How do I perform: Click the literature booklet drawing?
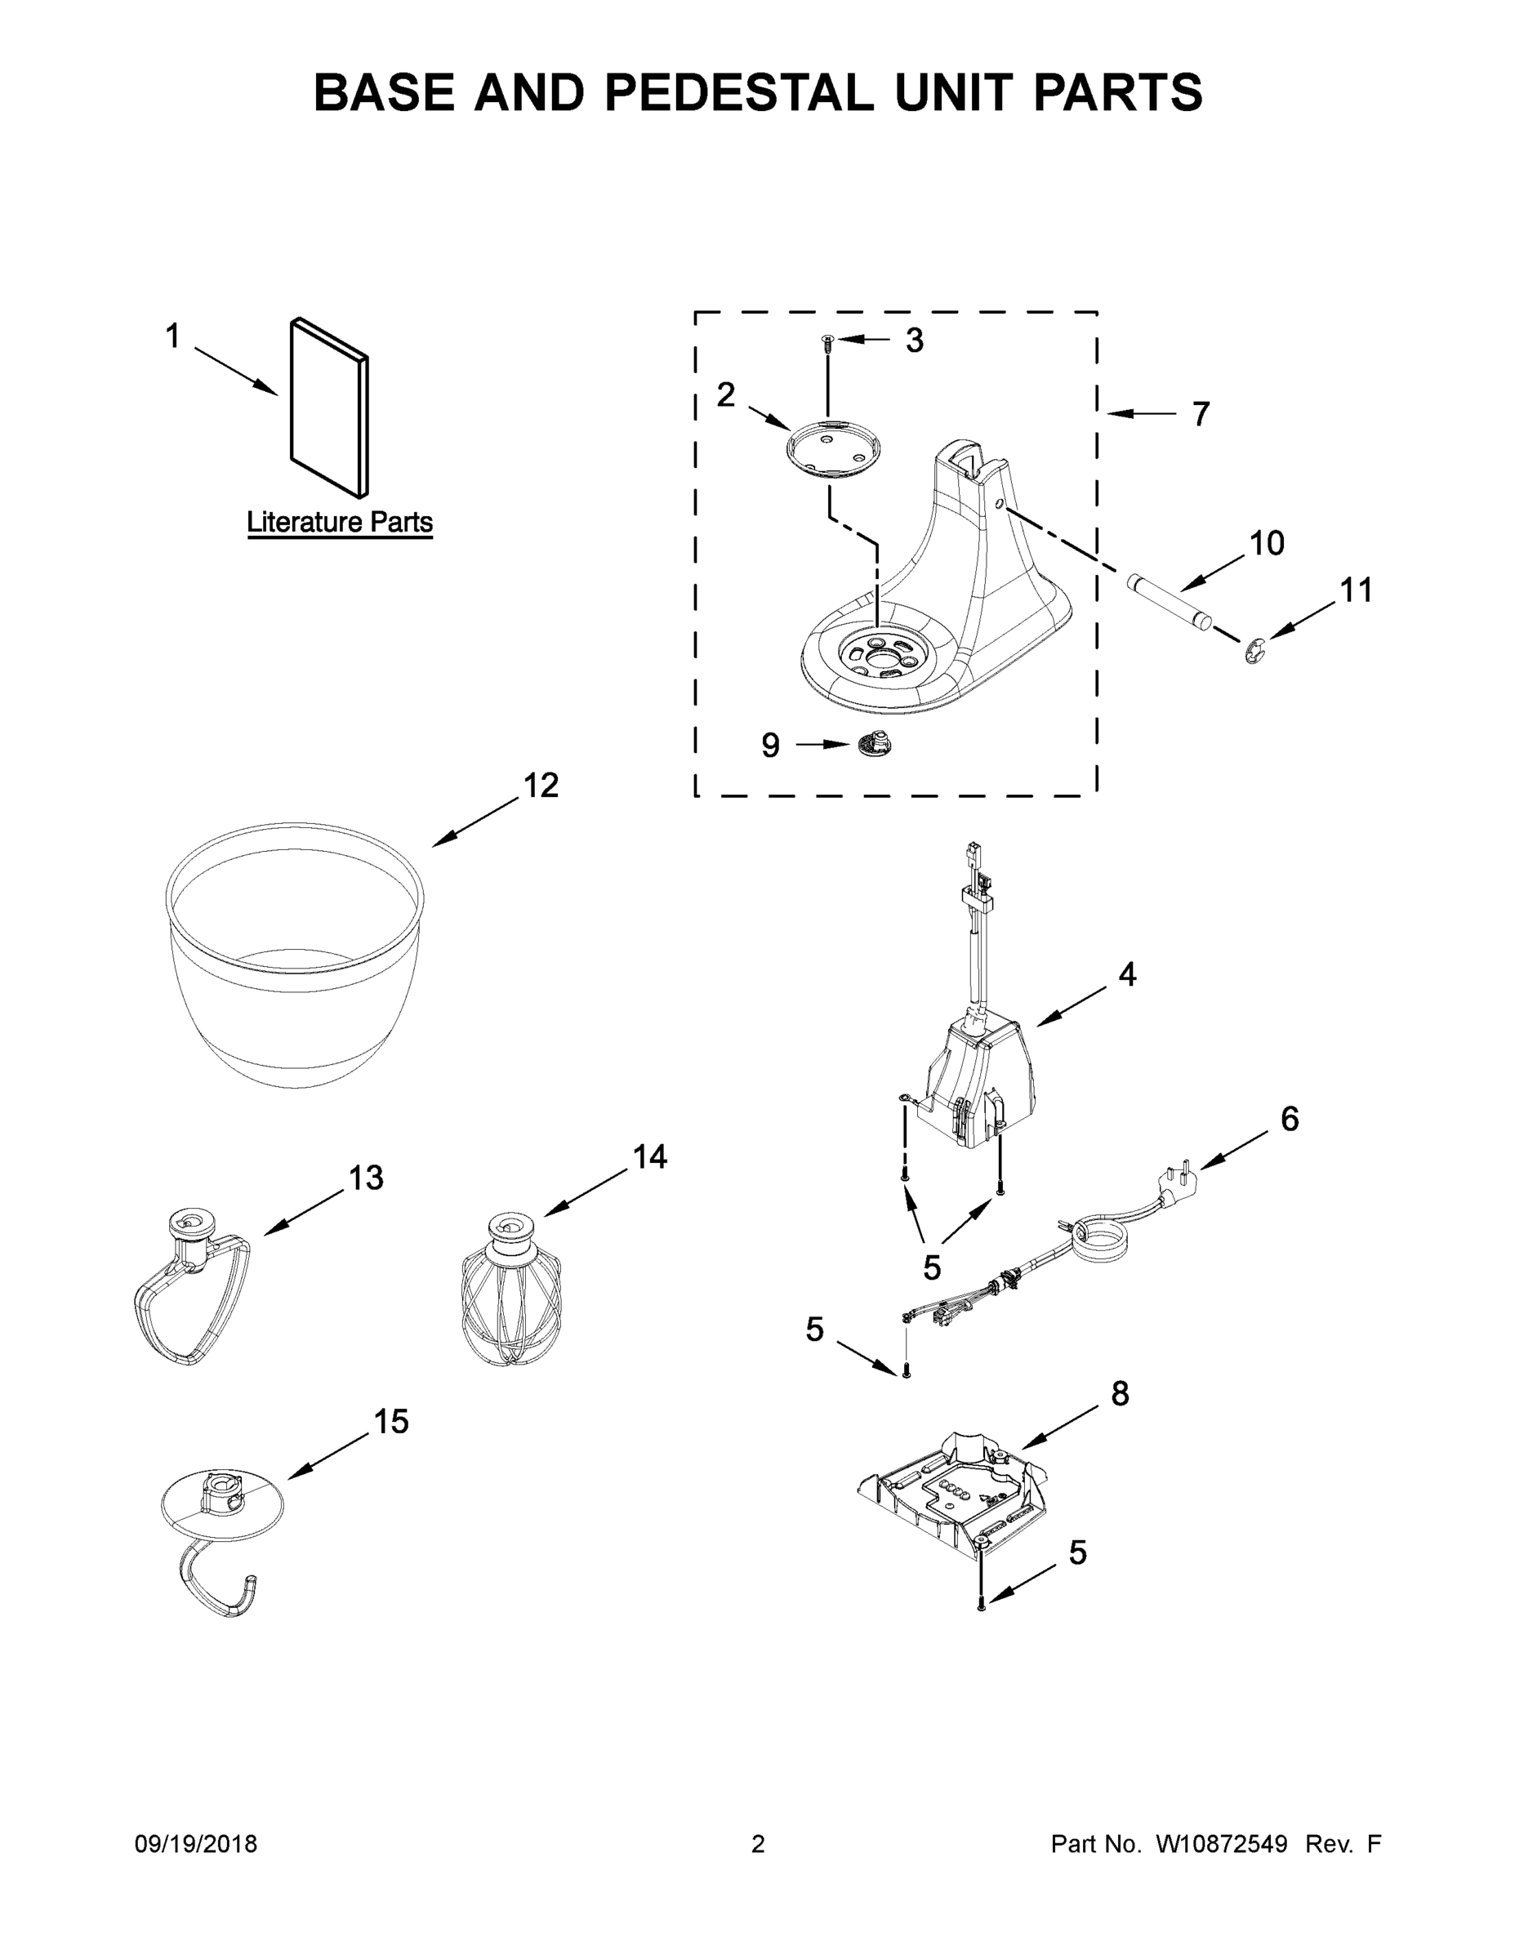point(328,408)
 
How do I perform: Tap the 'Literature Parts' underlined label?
point(339,523)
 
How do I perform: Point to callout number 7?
point(1201,415)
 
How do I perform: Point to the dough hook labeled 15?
point(221,1530)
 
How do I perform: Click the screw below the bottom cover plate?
point(981,1604)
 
